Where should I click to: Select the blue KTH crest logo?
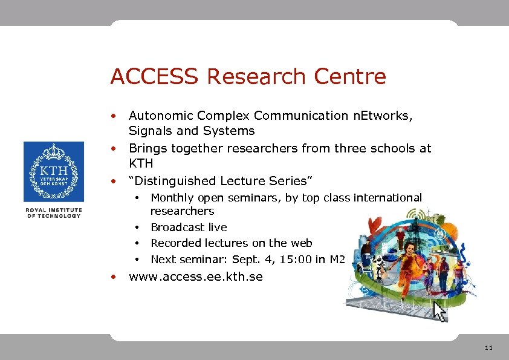tap(54, 172)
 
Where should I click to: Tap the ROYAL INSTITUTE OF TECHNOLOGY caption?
tap(53, 213)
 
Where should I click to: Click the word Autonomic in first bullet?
tap(158, 115)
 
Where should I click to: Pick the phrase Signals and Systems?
tap(192, 131)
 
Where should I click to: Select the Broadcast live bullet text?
tap(189, 227)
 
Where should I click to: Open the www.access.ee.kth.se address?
tap(196, 277)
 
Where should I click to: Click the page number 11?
tap(488, 348)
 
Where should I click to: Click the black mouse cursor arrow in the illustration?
tap(439, 312)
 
